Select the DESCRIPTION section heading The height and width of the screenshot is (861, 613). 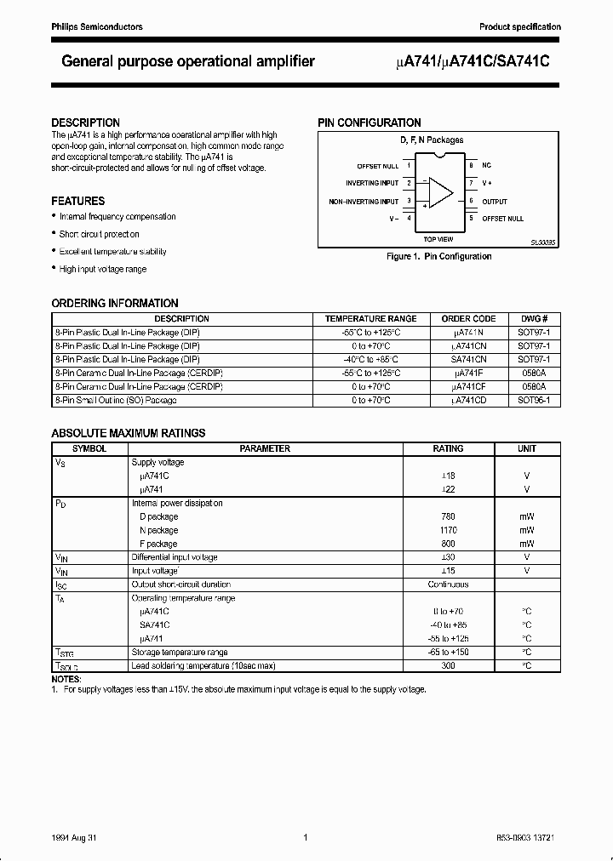click(85, 123)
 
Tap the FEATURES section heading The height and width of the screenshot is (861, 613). click(78, 201)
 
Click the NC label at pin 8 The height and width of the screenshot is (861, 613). click(487, 165)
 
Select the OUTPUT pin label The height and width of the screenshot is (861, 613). click(495, 202)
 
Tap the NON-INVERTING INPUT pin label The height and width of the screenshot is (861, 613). click(364, 202)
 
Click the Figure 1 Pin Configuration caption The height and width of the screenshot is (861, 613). click(438, 256)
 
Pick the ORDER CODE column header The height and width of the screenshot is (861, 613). click(468, 319)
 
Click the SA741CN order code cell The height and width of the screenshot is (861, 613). click(468, 360)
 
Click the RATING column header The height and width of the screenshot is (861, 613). click(448, 448)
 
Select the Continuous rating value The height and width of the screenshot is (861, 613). click(448, 584)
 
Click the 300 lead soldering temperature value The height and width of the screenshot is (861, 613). click(448, 665)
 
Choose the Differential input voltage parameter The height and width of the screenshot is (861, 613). click(175, 557)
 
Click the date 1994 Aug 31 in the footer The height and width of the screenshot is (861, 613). click(76, 837)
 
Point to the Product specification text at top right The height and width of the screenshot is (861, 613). click(519, 27)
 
